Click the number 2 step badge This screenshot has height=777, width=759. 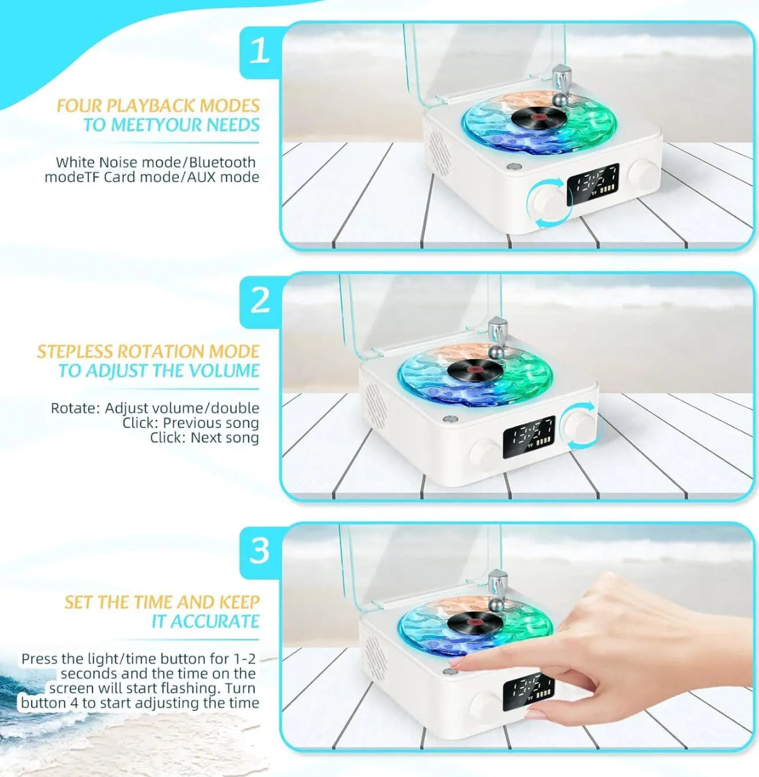click(260, 300)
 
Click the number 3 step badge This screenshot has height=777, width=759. click(259, 551)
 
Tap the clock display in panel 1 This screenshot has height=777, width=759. click(593, 184)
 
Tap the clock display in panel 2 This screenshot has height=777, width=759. click(529, 437)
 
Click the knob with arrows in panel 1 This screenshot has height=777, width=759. click(549, 203)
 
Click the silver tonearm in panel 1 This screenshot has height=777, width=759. click(560, 86)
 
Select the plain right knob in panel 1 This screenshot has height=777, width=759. click(643, 173)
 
